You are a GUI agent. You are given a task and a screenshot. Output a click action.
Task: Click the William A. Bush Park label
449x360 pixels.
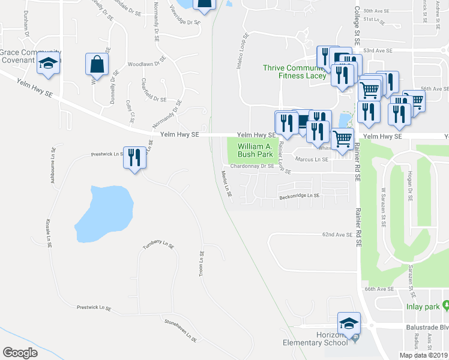coord(255,151)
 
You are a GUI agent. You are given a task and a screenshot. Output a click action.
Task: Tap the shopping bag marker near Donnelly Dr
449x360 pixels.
coord(97,64)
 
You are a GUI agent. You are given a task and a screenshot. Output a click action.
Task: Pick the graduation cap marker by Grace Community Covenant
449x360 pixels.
coord(48,64)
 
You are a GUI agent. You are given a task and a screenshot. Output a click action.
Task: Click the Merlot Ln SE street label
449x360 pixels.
coord(226,183)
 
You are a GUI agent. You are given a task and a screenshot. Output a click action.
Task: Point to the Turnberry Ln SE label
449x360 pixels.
coord(158,245)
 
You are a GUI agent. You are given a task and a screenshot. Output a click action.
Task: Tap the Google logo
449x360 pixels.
coord(20,352)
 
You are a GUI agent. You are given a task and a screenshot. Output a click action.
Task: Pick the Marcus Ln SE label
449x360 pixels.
coord(312,159)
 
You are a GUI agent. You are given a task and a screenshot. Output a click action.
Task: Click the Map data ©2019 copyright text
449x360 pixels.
coord(423,355)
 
